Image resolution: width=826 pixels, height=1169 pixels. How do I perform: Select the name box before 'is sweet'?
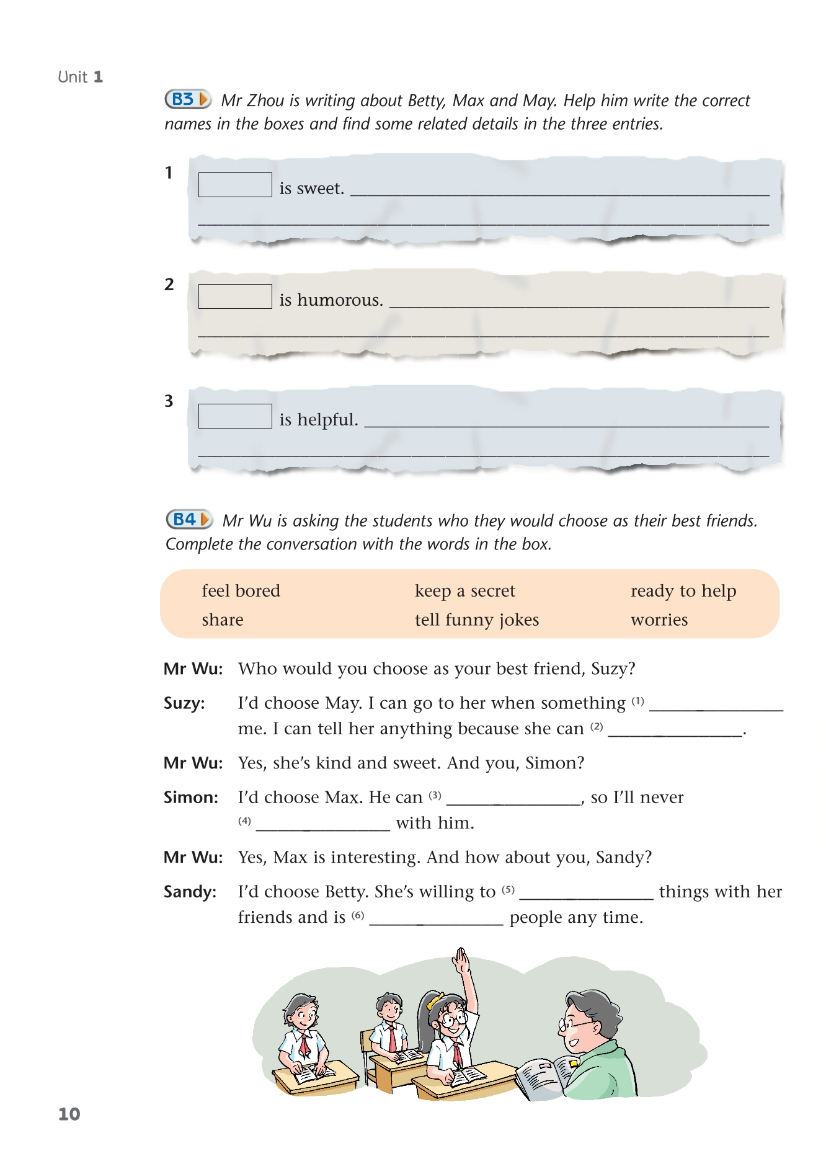pos(235,185)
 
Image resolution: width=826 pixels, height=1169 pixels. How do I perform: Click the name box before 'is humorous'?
pos(235,296)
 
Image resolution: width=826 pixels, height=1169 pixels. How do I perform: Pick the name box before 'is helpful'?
pos(235,416)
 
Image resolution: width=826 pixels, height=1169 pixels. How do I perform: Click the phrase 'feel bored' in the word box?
pos(241,591)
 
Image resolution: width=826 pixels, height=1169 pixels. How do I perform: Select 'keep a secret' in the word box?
pos(464,591)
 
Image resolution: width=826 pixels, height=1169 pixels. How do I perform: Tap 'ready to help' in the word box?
pos(683,591)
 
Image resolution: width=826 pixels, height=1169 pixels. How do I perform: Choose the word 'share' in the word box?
pos(222,620)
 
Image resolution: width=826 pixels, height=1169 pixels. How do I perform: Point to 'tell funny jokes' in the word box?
pos(476,620)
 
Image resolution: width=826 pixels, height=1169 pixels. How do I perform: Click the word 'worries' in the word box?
pos(659,620)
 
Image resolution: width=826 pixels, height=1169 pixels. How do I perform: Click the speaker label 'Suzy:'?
pos(184,703)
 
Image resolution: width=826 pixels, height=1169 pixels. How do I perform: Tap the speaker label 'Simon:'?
pos(190,798)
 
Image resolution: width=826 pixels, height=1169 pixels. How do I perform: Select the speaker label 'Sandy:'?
pos(190,892)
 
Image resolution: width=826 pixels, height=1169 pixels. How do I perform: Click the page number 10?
pos(69,1114)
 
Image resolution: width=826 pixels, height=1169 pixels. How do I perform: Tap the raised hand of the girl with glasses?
pos(461,961)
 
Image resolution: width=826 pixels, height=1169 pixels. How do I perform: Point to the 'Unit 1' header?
pos(80,77)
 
